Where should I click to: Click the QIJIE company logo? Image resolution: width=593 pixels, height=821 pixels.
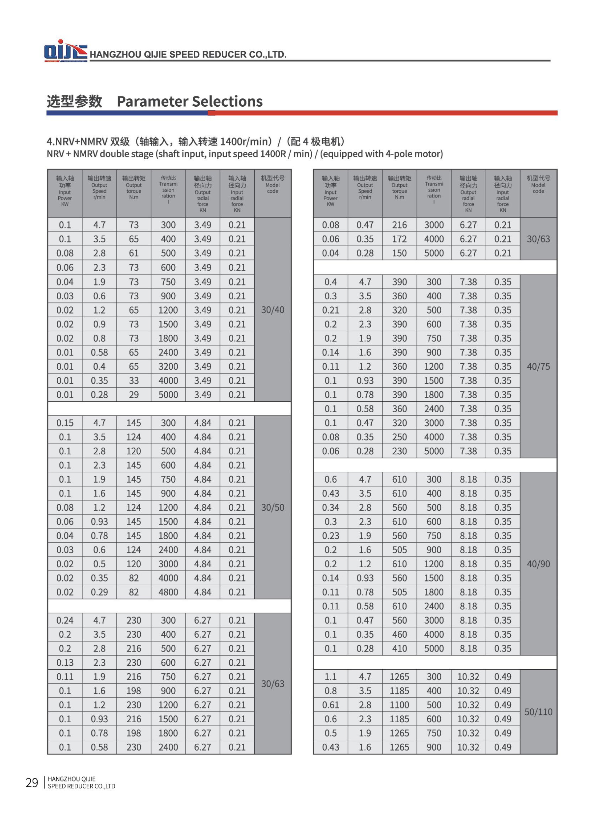point(65,50)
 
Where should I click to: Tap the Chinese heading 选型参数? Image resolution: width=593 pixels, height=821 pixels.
point(74,101)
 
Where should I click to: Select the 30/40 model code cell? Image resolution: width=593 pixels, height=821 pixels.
point(272,310)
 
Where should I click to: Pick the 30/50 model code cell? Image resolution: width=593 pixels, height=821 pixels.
point(272,508)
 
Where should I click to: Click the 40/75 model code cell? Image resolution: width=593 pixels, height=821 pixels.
point(538,366)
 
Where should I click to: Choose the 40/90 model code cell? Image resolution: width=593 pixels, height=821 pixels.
point(538,564)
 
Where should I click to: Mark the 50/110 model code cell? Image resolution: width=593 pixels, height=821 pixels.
point(538,712)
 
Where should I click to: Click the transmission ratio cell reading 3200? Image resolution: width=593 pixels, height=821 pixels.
point(168,366)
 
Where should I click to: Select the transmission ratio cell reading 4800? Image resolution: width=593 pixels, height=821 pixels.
point(168,592)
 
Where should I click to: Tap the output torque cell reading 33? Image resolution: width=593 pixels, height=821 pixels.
point(134,381)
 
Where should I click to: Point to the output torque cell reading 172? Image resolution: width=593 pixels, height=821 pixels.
point(399,239)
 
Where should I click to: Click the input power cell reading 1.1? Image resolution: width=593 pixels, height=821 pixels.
point(330,676)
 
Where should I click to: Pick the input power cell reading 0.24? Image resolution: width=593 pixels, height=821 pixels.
point(65,620)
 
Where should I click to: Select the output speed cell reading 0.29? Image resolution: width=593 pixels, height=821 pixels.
point(99,592)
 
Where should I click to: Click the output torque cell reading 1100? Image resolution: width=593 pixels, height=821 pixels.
point(399,705)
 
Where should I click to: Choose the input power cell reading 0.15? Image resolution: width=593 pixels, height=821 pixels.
point(65,423)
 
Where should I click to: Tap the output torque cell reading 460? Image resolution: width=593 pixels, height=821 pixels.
point(399,634)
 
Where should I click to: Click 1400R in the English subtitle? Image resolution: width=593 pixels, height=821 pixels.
point(273,154)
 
